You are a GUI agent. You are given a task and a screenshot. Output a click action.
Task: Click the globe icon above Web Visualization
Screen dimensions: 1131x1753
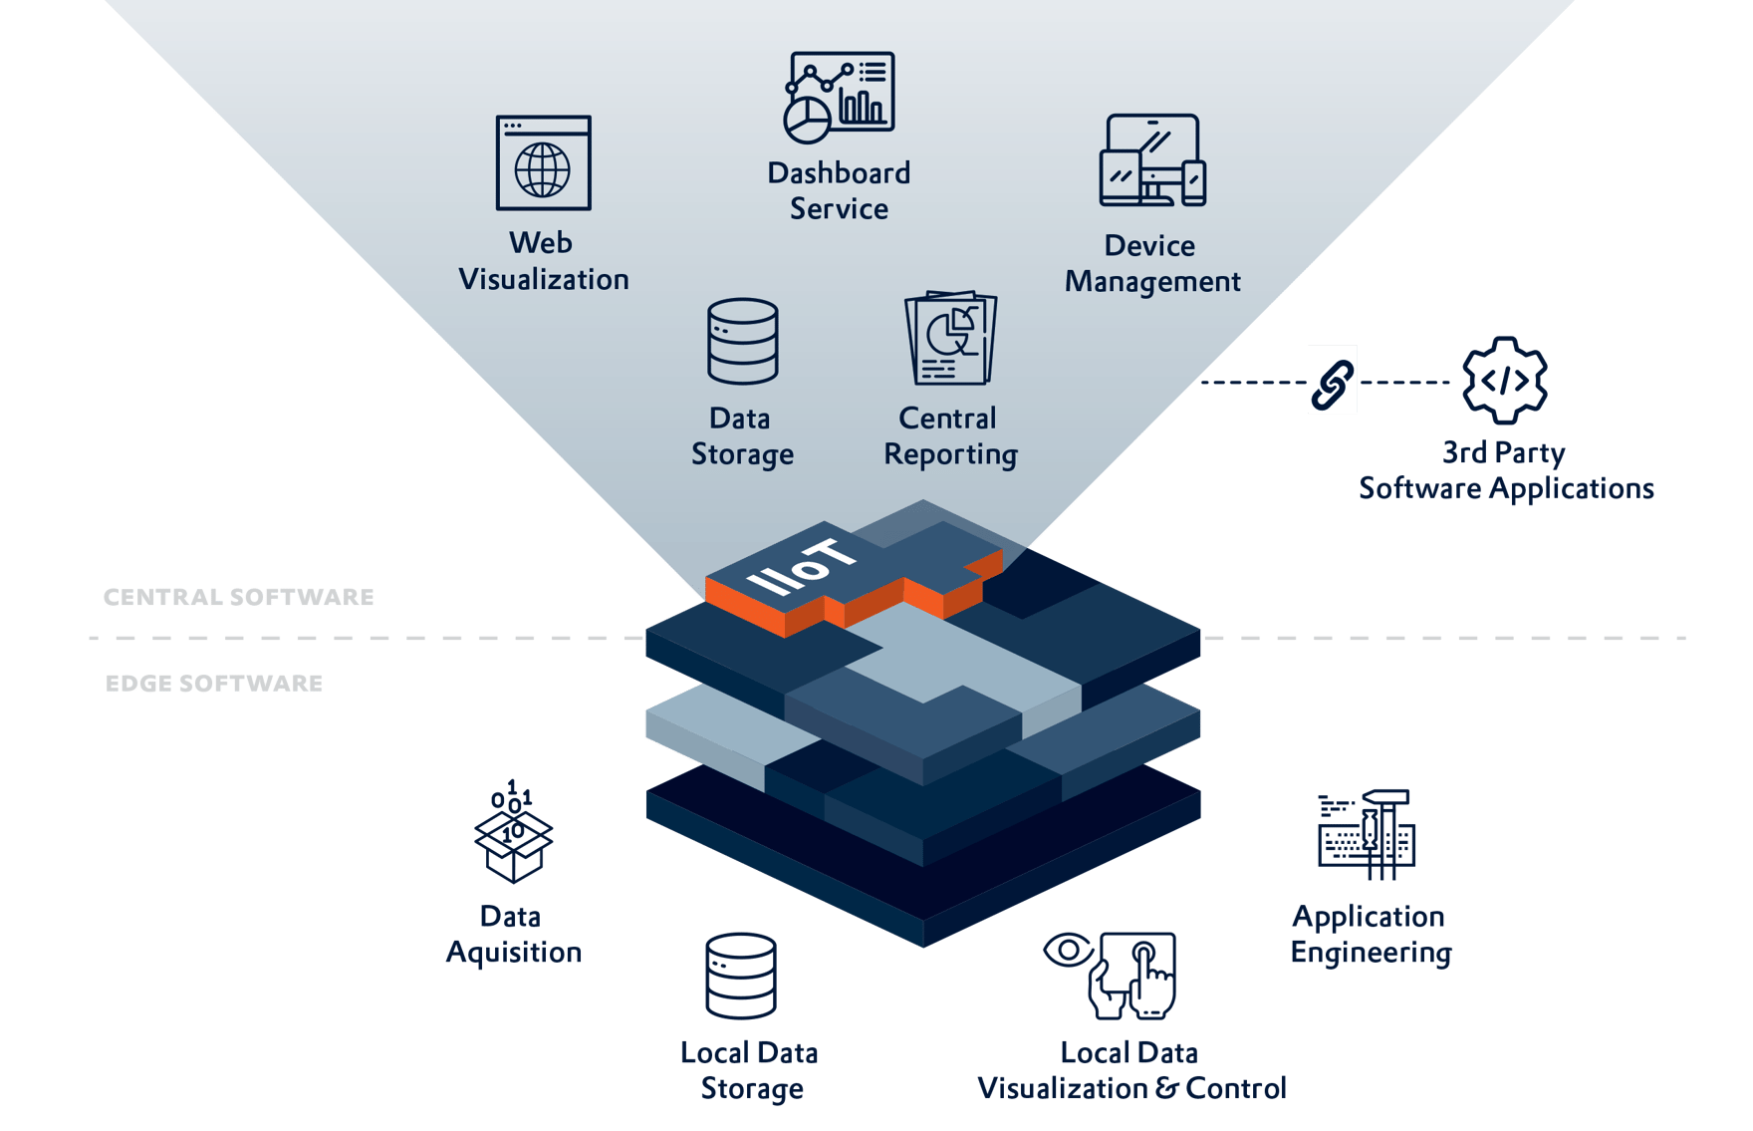point(543,169)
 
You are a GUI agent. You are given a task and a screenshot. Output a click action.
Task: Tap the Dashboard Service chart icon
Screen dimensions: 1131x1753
point(839,98)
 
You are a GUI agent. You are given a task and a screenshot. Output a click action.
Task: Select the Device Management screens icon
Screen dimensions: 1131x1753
point(1151,160)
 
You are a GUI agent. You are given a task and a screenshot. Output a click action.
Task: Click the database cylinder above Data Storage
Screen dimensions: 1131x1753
point(742,341)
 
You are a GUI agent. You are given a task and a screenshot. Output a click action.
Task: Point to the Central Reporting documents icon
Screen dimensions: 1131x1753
point(950,338)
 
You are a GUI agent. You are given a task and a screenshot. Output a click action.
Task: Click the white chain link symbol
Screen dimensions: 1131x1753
point(1332,380)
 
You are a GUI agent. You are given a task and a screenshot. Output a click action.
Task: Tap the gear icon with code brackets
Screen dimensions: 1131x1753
point(1504,380)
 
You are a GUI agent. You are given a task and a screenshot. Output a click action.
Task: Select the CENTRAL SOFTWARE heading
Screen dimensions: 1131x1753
point(239,597)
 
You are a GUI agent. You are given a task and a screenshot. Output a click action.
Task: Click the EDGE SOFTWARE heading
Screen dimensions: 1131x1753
point(214,684)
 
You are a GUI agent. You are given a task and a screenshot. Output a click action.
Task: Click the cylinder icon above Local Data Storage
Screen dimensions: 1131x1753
point(740,976)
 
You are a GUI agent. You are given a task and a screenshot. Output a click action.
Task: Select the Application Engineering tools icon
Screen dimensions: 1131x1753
point(1367,835)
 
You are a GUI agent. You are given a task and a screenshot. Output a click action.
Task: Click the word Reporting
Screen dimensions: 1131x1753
point(950,454)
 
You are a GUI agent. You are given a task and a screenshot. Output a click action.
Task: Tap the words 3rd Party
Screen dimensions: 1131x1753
point(1503,452)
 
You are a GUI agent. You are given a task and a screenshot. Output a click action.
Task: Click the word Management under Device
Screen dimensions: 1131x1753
point(1152,282)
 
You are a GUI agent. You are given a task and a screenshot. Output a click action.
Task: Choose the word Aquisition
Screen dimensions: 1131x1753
point(514,953)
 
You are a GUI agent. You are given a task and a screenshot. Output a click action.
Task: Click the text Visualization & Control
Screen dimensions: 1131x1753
point(1131,1088)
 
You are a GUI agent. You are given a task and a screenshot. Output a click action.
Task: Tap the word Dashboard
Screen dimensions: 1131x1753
point(839,173)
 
